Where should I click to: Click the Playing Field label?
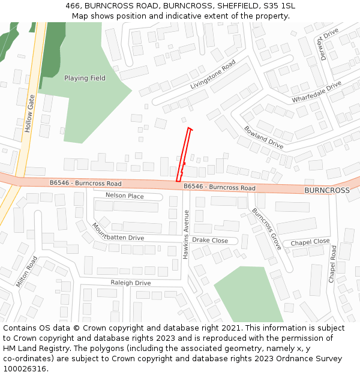pyautogui.click(x=85, y=78)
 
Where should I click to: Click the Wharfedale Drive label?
pyautogui.click(x=316, y=92)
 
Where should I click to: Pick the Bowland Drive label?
pyautogui.click(x=263, y=137)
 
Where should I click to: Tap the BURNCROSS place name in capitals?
pyautogui.click(x=326, y=190)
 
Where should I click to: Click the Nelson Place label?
pyautogui.click(x=125, y=196)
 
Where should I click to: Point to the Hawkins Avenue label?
pyautogui.click(x=186, y=235)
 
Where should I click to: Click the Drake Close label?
pyautogui.click(x=210, y=241)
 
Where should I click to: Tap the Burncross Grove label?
pyautogui.click(x=266, y=229)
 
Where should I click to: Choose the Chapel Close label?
pyautogui.click(x=310, y=242)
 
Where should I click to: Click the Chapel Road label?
pyautogui.click(x=333, y=264)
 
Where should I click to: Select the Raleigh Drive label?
pyautogui.click(x=131, y=283)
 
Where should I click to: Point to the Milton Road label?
pyautogui.click(x=27, y=272)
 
